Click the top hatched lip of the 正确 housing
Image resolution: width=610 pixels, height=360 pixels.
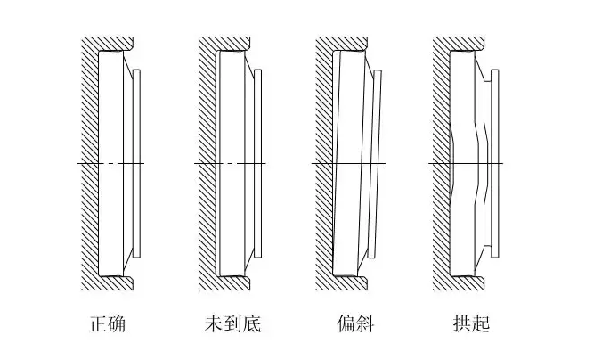[111, 44]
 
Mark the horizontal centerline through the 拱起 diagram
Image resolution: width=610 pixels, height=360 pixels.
[445, 164]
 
